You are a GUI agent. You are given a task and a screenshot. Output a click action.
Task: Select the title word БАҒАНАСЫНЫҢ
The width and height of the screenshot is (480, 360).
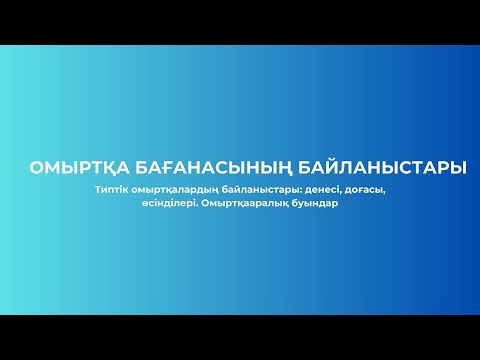[x=207, y=168]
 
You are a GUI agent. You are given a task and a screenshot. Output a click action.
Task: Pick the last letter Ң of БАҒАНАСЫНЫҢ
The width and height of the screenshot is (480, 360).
[x=282, y=168]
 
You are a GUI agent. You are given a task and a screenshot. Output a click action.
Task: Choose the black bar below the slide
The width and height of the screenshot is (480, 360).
[x=240, y=337]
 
